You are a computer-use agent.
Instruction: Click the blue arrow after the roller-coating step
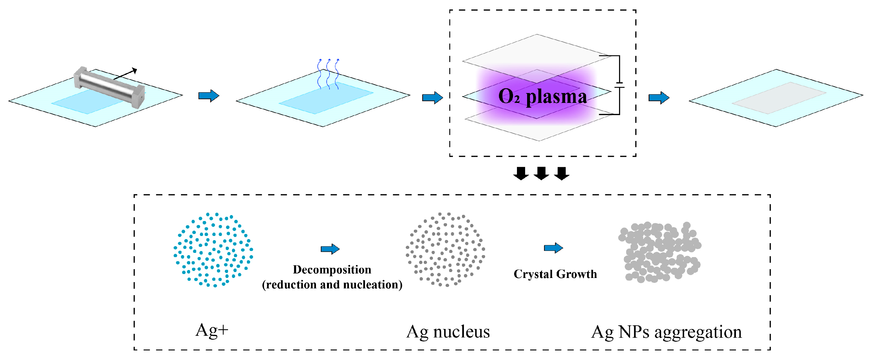(209, 96)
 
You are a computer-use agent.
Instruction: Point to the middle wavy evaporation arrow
(328, 74)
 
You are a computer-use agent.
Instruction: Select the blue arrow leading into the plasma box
(432, 98)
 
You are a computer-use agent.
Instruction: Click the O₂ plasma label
(542, 97)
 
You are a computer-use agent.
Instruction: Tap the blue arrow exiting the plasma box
(659, 98)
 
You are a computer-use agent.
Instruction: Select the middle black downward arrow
(541, 173)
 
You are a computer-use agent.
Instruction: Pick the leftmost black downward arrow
(521, 173)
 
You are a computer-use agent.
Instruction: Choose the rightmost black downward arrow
(562, 173)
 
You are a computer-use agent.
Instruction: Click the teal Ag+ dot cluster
(213, 250)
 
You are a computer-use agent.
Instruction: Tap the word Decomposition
(332, 270)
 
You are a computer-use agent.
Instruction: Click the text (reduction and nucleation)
(332, 285)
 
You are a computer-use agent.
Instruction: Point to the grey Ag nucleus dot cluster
(445, 250)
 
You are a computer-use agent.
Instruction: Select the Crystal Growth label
(555, 274)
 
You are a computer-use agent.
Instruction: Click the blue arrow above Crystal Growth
(553, 248)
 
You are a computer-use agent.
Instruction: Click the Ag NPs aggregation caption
(667, 332)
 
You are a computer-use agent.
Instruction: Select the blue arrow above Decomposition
(330, 249)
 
